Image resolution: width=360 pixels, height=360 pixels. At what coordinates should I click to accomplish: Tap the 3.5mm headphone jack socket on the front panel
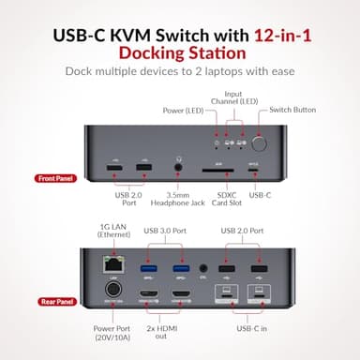pyautogui.click(x=177, y=168)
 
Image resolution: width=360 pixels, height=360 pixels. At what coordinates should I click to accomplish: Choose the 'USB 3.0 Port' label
pyautogui.click(x=164, y=230)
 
